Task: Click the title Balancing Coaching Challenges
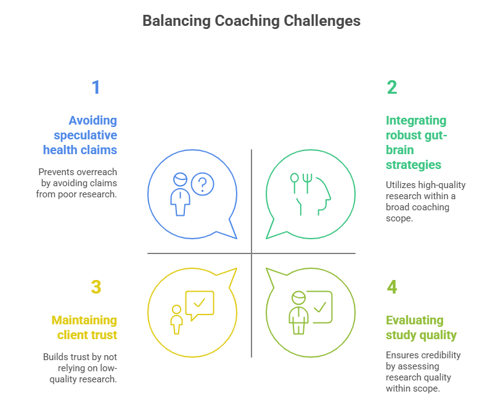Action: [251, 20]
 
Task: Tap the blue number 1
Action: [96, 88]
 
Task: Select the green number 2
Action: [392, 88]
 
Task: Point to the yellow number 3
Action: [96, 287]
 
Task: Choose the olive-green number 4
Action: [392, 287]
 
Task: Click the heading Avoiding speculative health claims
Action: [80, 134]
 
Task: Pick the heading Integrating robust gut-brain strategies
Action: [417, 142]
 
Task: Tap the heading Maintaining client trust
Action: [84, 327]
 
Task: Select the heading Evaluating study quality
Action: [421, 327]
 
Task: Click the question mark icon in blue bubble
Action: [202, 183]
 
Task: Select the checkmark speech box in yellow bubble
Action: [199, 305]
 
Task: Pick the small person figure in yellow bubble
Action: [177, 319]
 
